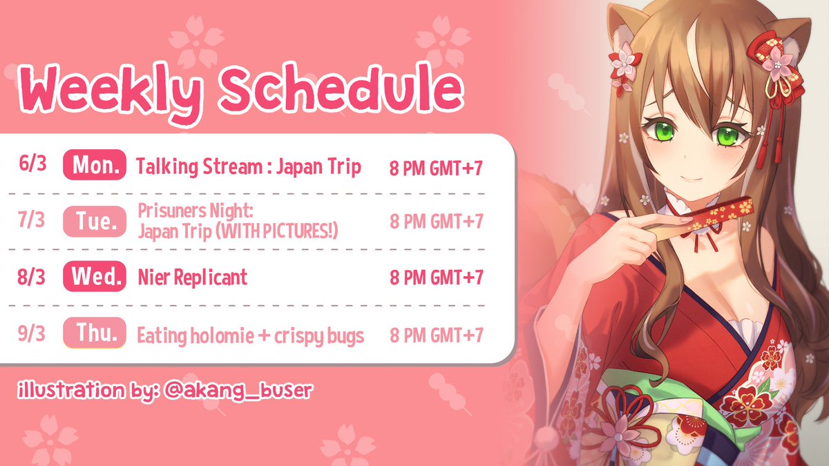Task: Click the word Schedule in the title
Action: pyautogui.click(x=341, y=88)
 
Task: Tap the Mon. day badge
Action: pyautogui.click(x=95, y=164)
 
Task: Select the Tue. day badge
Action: pyautogui.click(x=95, y=221)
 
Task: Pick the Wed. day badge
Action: pyautogui.click(x=95, y=277)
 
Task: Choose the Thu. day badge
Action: pyautogui.click(x=95, y=333)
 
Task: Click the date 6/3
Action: pyautogui.click(x=32, y=164)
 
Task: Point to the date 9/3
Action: pyautogui.click(x=32, y=333)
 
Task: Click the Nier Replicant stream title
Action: pyautogui.click(x=193, y=277)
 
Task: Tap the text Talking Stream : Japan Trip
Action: pyautogui.click(x=248, y=167)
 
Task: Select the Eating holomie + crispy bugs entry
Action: pyautogui.click(x=251, y=336)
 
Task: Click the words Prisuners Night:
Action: pyautogui.click(x=196, y=211)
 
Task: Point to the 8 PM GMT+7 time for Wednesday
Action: pyautogui.click(x=437, y=278)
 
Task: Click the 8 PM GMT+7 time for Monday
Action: pyautogui.click(x=436, y=168)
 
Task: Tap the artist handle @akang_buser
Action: pyautogui.click(x=238, y=391)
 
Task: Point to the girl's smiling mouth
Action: pyautogui.click(x=692, y=180)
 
